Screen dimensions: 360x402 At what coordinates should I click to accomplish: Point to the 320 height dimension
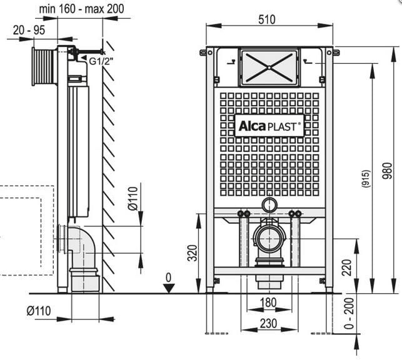pyautogui.click(x=193, y=252)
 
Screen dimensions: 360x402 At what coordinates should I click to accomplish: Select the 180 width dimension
pyautogui.click(x=269, y=303)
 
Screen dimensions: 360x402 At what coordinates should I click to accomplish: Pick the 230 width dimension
pyautogui.click(x=269, y=323)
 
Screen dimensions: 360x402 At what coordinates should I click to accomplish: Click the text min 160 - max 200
pyautogui.click(x=81, y=9)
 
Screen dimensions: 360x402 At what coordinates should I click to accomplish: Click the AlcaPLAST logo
pyautogui.click(x=269, y=126)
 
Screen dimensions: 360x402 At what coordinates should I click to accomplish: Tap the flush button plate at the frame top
pyautogui.click(x=269, y=67)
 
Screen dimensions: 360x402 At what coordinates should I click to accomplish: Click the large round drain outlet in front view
pyautogui.click(x=269, y=237)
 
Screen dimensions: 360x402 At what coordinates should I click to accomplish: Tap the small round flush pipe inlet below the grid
pyautogui.click(x=269, y=204)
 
